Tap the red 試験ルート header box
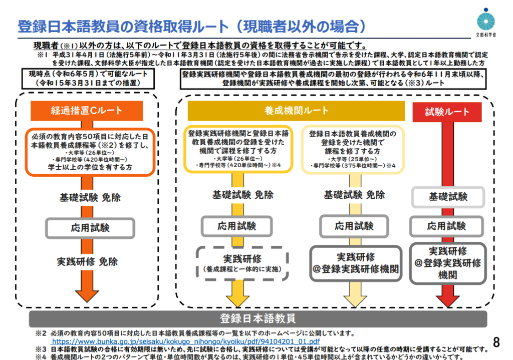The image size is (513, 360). (447, 112)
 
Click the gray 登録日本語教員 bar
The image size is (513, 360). (258, 318)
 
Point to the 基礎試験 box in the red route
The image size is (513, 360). (447, 197)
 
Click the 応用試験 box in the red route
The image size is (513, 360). (447, 226)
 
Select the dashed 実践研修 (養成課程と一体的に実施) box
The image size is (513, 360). (242, 262)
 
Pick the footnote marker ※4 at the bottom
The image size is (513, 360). (41, 356)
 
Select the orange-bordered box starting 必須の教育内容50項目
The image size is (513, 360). (90, 151)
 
